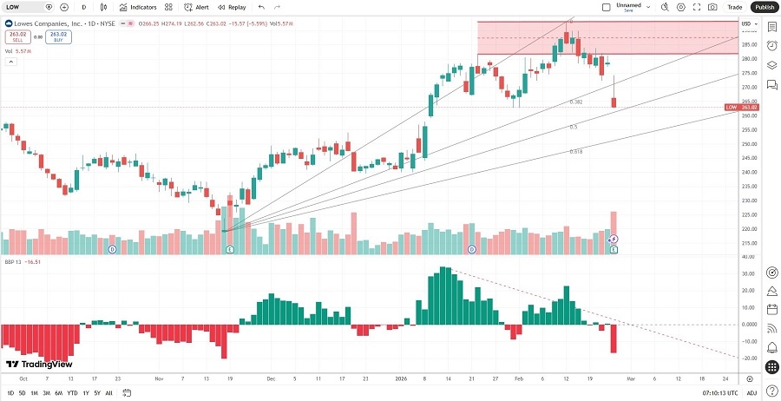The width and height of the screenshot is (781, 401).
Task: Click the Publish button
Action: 763,7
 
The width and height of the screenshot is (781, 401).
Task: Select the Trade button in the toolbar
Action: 734,7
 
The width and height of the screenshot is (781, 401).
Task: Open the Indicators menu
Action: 138,7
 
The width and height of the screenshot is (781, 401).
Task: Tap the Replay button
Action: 232,7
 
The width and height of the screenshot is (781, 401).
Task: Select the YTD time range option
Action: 72,393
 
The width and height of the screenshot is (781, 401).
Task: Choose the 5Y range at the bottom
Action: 96,393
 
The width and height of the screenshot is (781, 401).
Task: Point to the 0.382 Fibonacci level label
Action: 575,102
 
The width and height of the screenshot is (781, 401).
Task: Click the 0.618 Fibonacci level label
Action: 575,151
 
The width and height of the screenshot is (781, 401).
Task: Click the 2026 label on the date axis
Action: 401,378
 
